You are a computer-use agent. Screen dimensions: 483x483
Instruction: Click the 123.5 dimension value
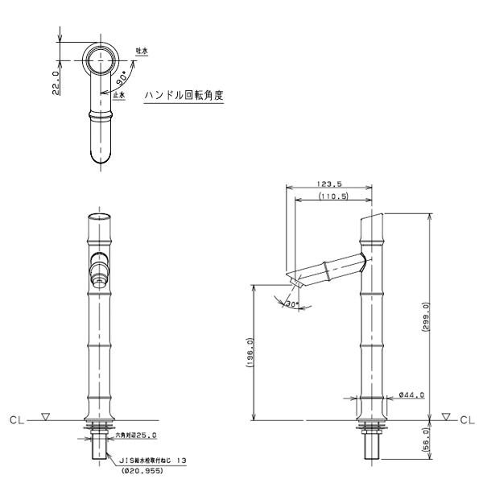pos(330,185)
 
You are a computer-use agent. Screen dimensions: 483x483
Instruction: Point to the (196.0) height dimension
pos(250,352)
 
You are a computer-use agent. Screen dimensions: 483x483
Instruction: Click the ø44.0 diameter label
pos(411,395)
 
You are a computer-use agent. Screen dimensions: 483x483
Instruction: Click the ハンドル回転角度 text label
pos(184,95)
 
